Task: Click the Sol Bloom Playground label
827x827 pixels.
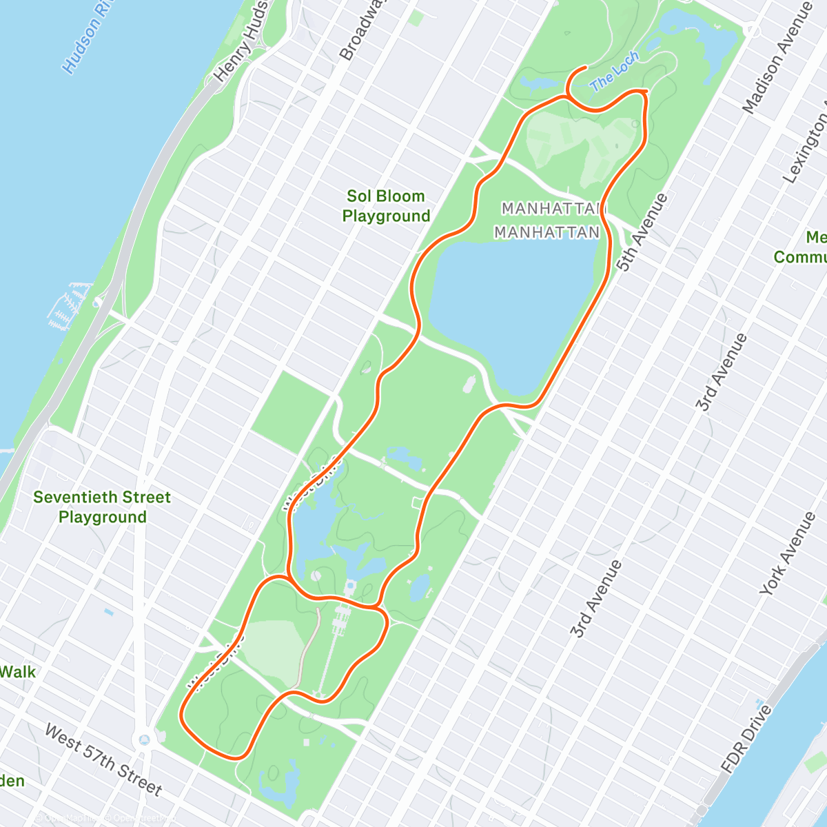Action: coord(386,206)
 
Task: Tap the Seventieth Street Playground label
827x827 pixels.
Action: coord(102,507)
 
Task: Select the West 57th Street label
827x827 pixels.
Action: coord(103,759)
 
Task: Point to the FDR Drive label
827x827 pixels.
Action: coord(747,737)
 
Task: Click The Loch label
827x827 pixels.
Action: coord(615,72)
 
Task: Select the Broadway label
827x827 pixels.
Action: coord(361,31)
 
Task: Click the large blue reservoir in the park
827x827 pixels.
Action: coord(513,303)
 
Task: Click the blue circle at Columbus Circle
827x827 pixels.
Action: coord(144,739)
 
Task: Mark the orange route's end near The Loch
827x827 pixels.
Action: coord(586,67)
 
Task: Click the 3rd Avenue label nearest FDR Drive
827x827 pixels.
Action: coord(596,599)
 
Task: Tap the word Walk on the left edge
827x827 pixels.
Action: coord(17,671)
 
